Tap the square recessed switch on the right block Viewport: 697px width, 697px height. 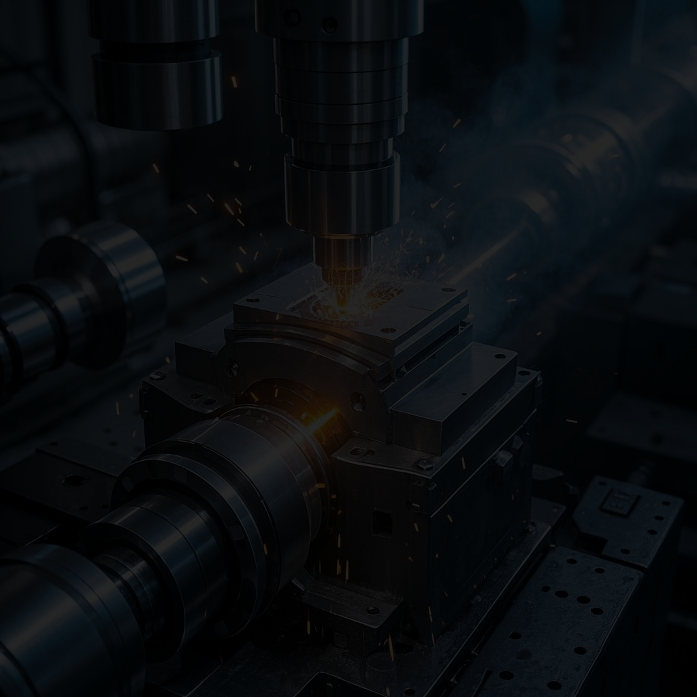(619, 502)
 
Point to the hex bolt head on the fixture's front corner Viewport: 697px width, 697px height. (424, 465)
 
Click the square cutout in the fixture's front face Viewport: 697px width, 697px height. (382, 523)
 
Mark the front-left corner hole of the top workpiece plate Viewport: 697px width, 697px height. (253, 299)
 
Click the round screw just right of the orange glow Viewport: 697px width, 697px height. (357, 402)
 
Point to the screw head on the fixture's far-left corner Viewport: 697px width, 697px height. (158, 374)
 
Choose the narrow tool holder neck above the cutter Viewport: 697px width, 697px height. (342, 252)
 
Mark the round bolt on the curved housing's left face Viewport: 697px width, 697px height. (233, 368)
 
